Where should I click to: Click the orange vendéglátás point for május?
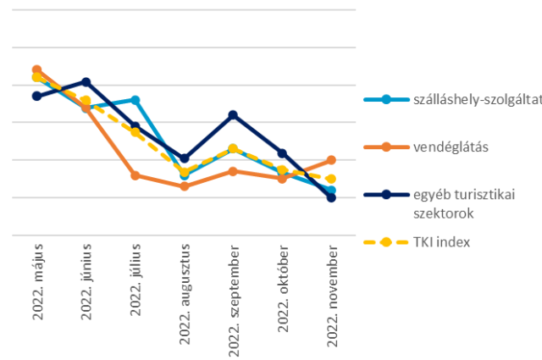tap(37, 69)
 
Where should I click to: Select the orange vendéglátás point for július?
tap(135, 175)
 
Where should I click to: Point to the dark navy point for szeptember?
tap(234, 114)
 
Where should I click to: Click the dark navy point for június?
tap(86, 81)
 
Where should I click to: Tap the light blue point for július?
tap(135, 100)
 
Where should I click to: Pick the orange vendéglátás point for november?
tap(332, 159)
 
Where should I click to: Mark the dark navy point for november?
tap(332, 197)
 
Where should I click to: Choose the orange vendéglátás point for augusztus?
tap(185, 186)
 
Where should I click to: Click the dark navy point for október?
tap(283, 152)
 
